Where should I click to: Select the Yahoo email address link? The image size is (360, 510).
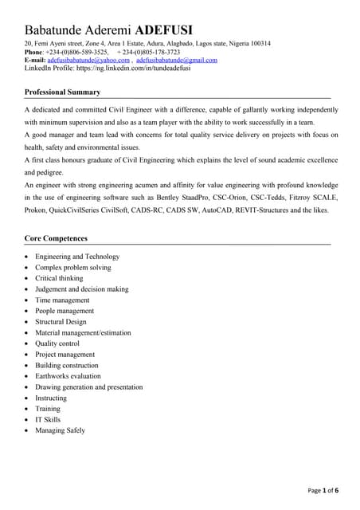[88, 60]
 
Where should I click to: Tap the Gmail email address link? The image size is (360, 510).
[176, 60]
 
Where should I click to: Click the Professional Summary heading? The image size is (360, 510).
[62, 92]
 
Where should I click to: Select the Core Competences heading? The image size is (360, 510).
[56, 238]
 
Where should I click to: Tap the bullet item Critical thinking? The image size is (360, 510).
[59, 278]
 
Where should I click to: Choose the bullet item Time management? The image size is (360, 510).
[62, 300]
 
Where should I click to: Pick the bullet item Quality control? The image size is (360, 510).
[57, 343]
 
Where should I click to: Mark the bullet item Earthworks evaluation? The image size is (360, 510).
[68, 376]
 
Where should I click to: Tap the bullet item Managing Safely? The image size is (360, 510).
[60, 430]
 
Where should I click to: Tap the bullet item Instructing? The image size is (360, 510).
[51, 398]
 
